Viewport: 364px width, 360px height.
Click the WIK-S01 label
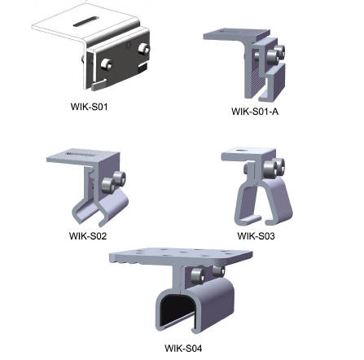89,107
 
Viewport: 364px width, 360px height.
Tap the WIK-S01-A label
255,112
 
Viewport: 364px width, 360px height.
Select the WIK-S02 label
88,235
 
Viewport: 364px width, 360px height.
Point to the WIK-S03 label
256,235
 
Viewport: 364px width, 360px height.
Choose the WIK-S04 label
183,348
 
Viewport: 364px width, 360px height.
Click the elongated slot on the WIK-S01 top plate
86,22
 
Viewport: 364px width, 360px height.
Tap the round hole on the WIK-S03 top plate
240,150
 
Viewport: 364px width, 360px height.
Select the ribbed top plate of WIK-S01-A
237,34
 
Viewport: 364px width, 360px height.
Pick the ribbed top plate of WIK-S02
83,156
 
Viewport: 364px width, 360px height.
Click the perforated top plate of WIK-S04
181,256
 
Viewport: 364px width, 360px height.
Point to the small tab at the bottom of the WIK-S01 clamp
99,85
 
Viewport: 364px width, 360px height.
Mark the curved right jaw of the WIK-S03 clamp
279,202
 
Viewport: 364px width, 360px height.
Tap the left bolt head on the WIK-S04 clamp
197,275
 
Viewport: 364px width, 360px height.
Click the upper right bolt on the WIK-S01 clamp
143,49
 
